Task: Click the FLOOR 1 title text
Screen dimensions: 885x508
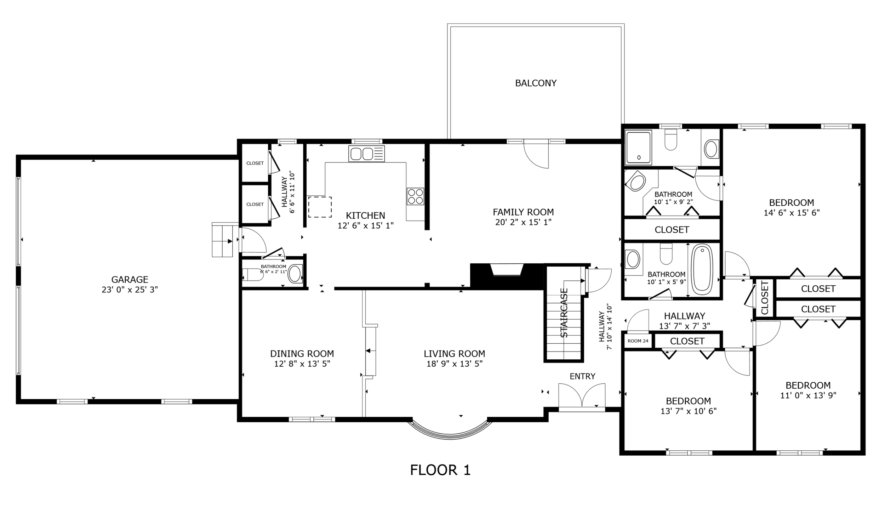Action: pos(440,470)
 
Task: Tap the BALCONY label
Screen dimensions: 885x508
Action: pos(536,83)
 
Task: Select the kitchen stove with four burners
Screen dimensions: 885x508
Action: pos(415,196)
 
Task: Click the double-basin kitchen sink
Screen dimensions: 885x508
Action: pos(366,154)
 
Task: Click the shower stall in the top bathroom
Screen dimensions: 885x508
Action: pos(639,148)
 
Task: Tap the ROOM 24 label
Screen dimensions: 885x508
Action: pos(638,341)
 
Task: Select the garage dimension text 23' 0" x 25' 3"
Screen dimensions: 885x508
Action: pos(130,290)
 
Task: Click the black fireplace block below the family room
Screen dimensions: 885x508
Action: pos(507,276)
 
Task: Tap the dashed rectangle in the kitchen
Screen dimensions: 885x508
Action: pos(320,207)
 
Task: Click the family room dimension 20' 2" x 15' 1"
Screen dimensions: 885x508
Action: pos(523,222)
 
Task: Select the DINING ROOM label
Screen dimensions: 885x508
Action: pos(302,354)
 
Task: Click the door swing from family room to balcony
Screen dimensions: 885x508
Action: pos(536,156)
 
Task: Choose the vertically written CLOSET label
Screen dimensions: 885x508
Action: pos(765,298)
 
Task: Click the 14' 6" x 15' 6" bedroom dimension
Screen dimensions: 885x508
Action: pos(792,213)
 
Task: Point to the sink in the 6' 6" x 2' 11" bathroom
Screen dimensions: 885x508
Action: pos(295,274)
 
